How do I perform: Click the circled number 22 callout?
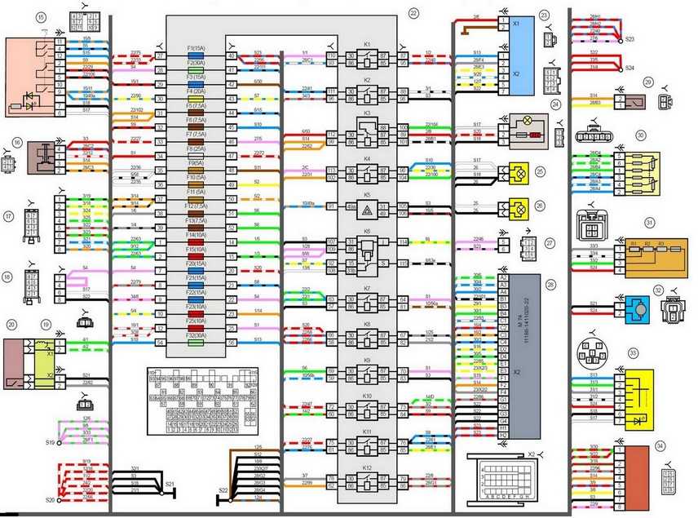(413, 13)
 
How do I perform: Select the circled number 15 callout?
(17, 16)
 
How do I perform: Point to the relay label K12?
(367, 467)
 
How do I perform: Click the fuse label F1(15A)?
(195, 49)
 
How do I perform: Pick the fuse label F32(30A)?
(195, 335)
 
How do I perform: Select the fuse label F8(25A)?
(195, 149)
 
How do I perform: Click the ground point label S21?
(170, 485)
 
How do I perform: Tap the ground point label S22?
(223, 491)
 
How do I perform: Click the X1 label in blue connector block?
(516, 25)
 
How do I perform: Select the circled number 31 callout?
(649, 221)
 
